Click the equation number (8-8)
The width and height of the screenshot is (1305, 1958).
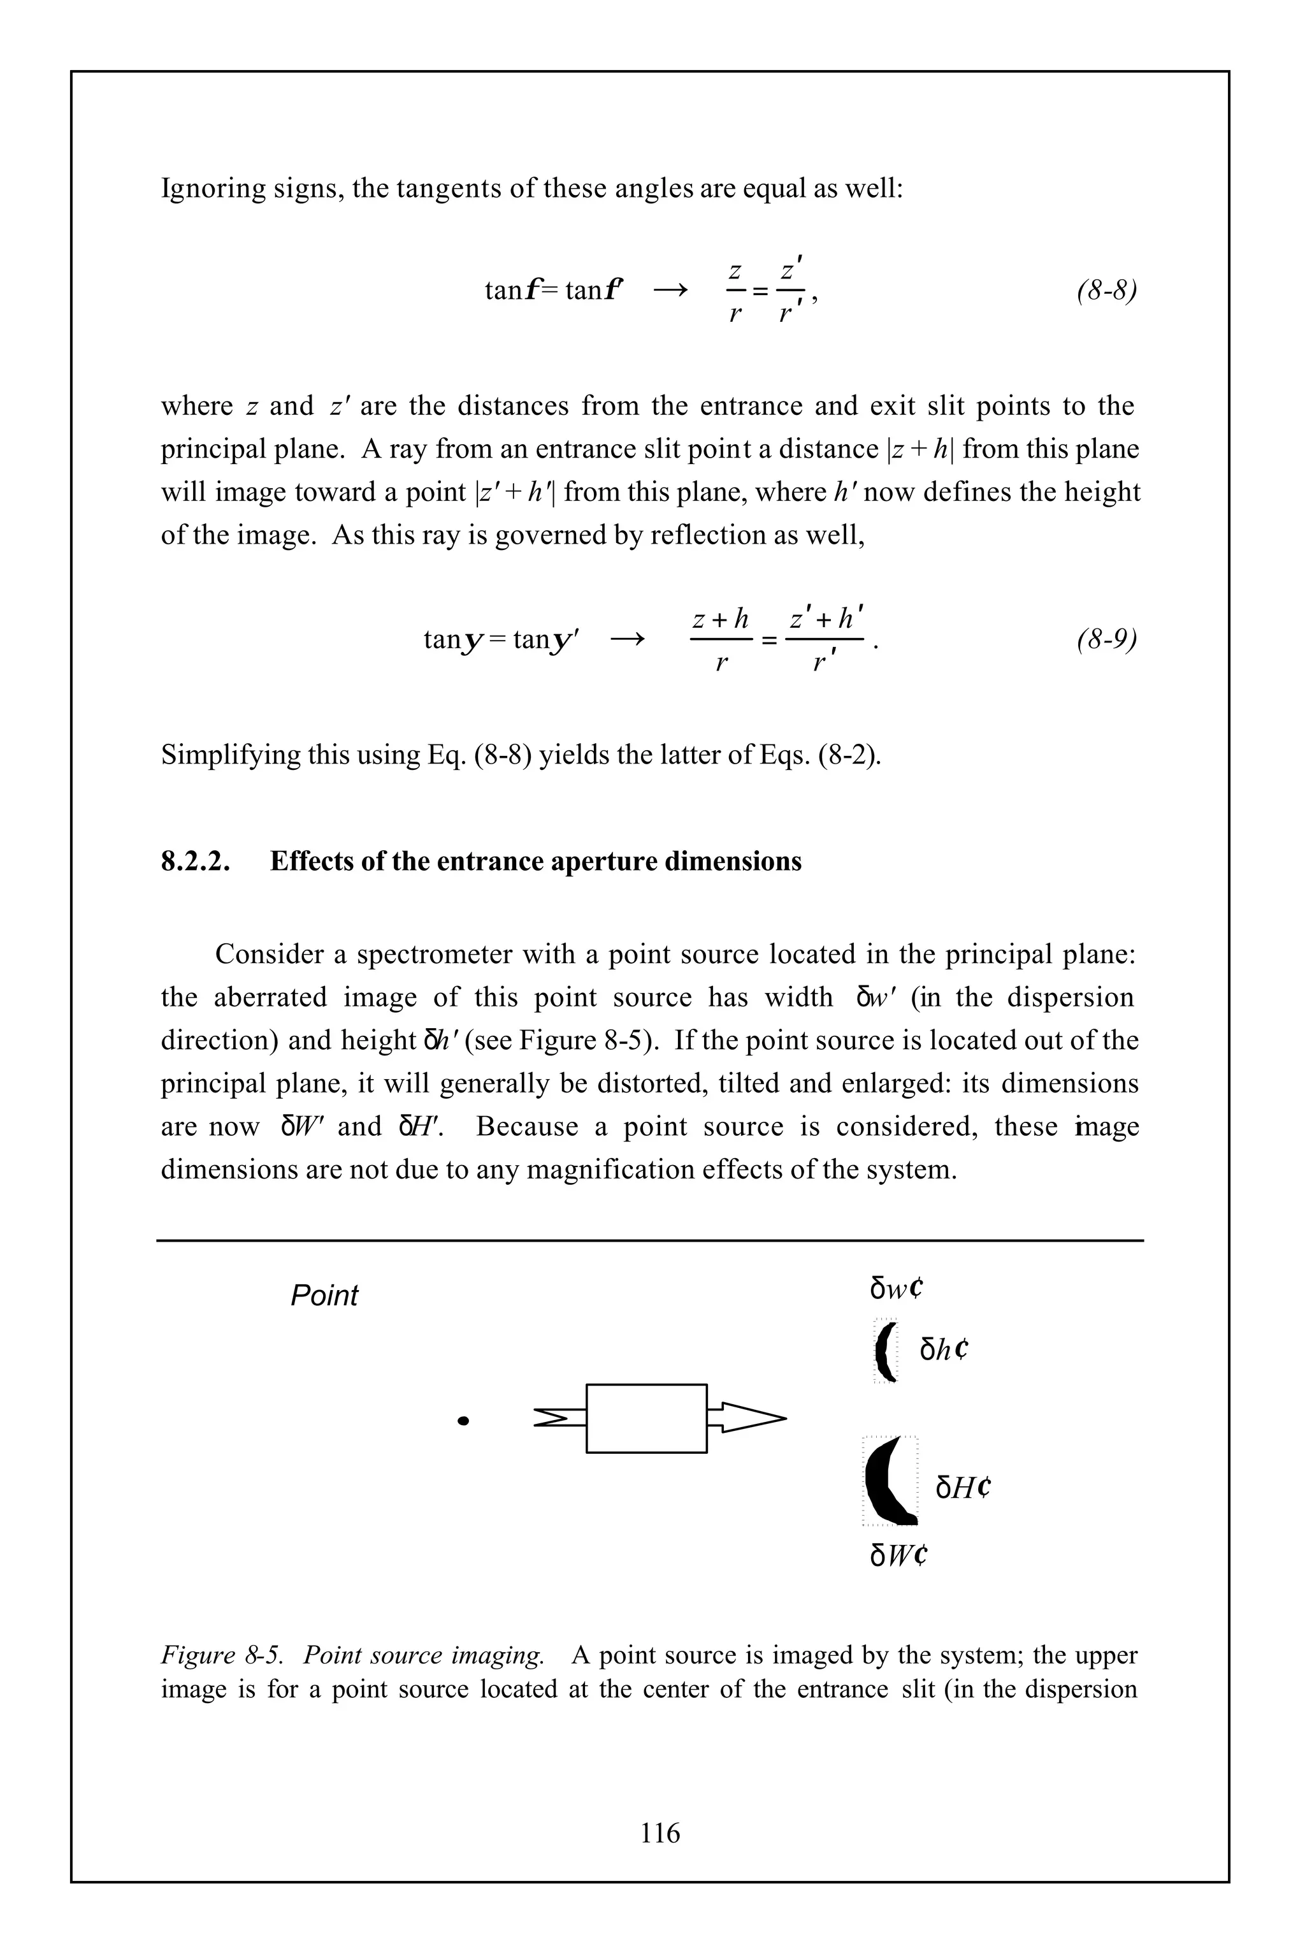pos(1106,291)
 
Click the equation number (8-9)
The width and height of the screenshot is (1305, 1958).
pos(1106,639)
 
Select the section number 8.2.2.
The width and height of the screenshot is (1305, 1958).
pos(195,861)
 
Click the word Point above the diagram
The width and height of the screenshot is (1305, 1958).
pos(324,1295)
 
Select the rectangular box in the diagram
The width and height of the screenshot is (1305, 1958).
pos(646,1419)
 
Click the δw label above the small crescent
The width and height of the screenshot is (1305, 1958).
pos(897,1289)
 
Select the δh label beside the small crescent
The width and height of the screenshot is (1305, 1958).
pos(944,1349)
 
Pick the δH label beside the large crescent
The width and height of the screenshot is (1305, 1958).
pos(963,1488)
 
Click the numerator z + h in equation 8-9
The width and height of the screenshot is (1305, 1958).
pos(721,620)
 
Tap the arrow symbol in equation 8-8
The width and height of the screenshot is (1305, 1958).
pos(671,291)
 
